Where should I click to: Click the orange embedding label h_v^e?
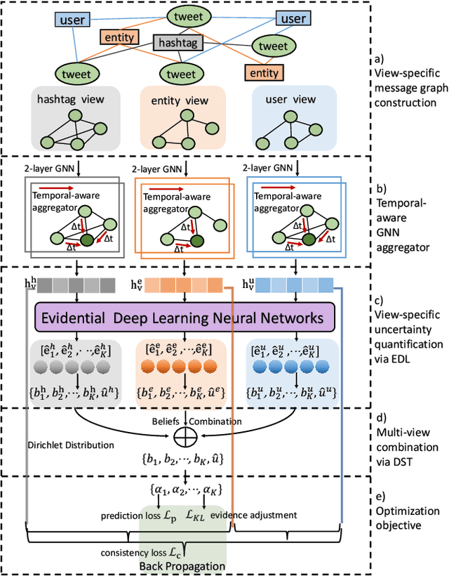[138, 284]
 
